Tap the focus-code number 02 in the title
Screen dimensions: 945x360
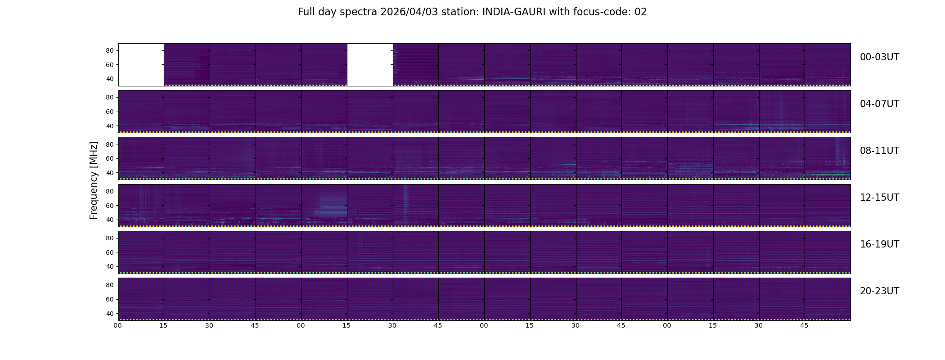(640, 12)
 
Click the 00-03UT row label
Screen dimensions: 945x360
(879, 57)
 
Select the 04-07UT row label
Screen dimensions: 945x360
(879, 104)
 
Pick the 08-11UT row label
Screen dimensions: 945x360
(879, 151)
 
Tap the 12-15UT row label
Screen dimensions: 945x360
(879, 198)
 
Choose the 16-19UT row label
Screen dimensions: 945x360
(879, 244)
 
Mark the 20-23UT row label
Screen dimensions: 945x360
(879, 291)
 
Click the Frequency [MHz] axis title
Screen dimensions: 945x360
(94, 180)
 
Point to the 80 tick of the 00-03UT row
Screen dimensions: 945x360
(109, 50)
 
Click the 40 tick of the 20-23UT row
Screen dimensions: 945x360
(109, 314)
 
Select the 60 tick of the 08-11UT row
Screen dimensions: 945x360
(109, 158)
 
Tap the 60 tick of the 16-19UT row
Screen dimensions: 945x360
(109, 252)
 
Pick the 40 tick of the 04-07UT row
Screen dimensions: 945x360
(109, 126)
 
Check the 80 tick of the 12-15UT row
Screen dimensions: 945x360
(109, 191)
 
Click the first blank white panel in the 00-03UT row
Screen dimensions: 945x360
(141, 64)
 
